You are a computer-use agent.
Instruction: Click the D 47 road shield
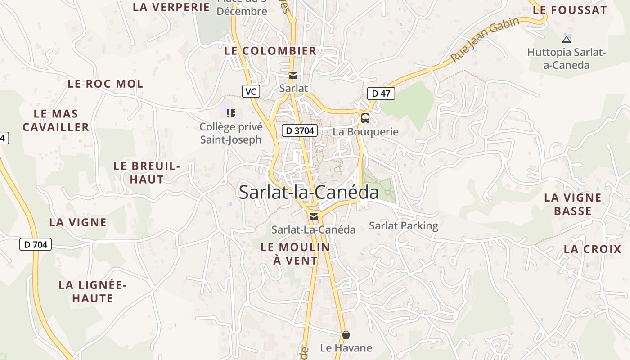381,94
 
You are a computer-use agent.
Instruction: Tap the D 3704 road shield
300,131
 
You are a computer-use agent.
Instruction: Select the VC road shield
251,91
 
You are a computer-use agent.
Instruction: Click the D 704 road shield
36,245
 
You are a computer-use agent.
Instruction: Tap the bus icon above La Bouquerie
365,118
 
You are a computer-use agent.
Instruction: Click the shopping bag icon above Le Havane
346,335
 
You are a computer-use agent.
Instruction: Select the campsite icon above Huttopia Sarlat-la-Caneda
567,40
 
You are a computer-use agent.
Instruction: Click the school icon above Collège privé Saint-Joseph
231,113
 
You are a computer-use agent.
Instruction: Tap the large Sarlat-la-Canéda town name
309,193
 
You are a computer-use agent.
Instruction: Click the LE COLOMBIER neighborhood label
270,51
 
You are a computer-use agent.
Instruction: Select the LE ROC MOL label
106,84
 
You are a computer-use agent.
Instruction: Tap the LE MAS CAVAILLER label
56,121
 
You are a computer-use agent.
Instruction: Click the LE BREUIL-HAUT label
147,172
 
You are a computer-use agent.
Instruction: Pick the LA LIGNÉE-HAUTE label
93,292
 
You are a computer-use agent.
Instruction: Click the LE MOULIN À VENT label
295,253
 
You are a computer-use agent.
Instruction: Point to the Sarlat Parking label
404,225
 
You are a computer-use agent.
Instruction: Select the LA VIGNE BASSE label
573,204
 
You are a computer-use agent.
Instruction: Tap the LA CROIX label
593,249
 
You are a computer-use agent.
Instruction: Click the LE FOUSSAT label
570,10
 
